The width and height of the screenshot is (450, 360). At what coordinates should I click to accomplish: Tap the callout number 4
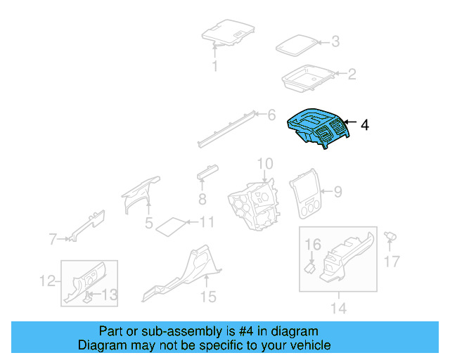point(364,125)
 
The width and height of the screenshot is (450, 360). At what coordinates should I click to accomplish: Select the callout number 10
point(265,164)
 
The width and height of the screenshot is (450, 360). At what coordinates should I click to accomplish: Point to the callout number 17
point(392,262)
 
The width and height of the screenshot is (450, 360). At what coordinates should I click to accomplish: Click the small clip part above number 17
point(390,236)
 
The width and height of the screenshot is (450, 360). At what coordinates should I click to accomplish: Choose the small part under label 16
point(309,268)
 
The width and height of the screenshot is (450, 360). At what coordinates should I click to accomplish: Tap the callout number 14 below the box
point(339,308)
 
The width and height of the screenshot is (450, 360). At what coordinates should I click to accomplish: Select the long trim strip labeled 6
point(226,129)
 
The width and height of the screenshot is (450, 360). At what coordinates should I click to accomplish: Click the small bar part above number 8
point(207,172)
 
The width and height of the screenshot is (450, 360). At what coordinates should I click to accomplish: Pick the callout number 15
point(208,297)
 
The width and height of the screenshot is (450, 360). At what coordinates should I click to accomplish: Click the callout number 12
point(47,281)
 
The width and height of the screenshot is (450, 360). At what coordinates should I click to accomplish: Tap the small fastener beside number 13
point(87,297)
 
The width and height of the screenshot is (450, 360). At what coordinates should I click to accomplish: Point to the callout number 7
point(53,239)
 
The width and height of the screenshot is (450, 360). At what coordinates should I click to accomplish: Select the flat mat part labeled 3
point(297,46)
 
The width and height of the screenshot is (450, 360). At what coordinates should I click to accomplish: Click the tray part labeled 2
point(308,78)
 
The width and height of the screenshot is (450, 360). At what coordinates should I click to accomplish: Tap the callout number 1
point(215,66)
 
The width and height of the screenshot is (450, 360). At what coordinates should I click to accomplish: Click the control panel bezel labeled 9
point(305,194)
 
